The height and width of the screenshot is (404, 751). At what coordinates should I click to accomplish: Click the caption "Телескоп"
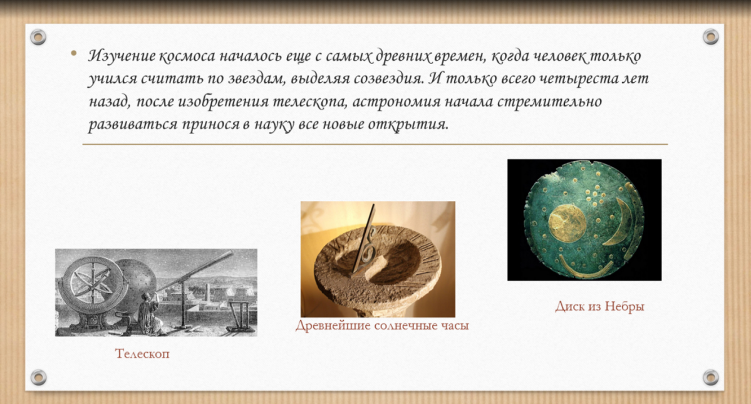(142, 354)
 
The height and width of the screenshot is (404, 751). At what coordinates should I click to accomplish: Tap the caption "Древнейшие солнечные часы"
(381, 326)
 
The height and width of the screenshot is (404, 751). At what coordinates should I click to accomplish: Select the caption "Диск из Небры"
(599, 306)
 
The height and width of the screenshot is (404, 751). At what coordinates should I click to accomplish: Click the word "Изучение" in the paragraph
(122, 56)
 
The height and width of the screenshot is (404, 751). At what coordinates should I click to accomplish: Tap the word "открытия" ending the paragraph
(408, 125)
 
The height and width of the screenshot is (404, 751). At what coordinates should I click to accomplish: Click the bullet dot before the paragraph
(73, 53)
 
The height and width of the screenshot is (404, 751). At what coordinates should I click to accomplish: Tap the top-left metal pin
(38, 36)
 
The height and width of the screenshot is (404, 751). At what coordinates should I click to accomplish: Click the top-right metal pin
(711, 36)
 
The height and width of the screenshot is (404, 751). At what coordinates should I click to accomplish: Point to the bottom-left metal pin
(38, 378)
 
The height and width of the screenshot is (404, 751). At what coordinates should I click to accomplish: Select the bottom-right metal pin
(711, 378)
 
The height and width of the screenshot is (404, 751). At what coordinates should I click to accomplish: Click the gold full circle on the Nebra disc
(567, 223)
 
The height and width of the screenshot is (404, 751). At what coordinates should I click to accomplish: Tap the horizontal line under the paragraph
(375, 143)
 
